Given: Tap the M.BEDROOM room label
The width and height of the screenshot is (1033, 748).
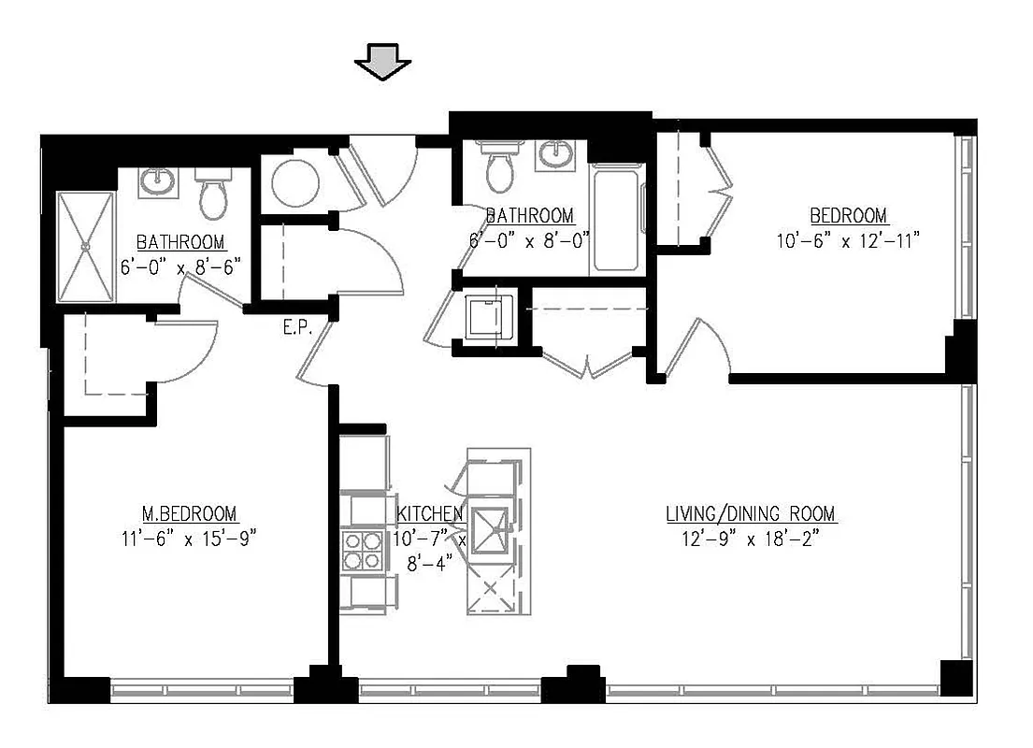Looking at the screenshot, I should (x=189, y=514).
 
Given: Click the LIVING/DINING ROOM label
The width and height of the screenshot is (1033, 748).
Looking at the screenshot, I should (x=751, y=514).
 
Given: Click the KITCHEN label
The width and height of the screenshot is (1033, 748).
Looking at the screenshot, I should (x=430, y=514).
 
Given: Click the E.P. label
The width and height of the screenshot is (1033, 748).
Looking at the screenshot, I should (x=297, y=328).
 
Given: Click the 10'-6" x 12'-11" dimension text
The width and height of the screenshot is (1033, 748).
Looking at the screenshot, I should (x=848, y=240).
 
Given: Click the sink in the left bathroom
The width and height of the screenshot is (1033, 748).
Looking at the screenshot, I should (x=156, y=182).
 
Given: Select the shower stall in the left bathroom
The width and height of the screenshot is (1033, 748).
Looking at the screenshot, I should (x=86, y=248).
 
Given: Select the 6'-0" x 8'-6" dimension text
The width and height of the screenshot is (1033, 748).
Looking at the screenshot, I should (x=180, y=265).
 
